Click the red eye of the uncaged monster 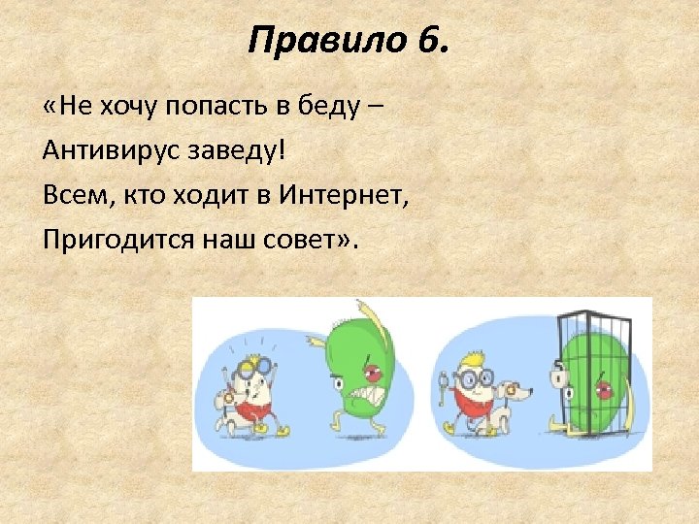pyautogui.click(x=372, y=373)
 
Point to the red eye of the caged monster pyautogui.click(x=605, y=390)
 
